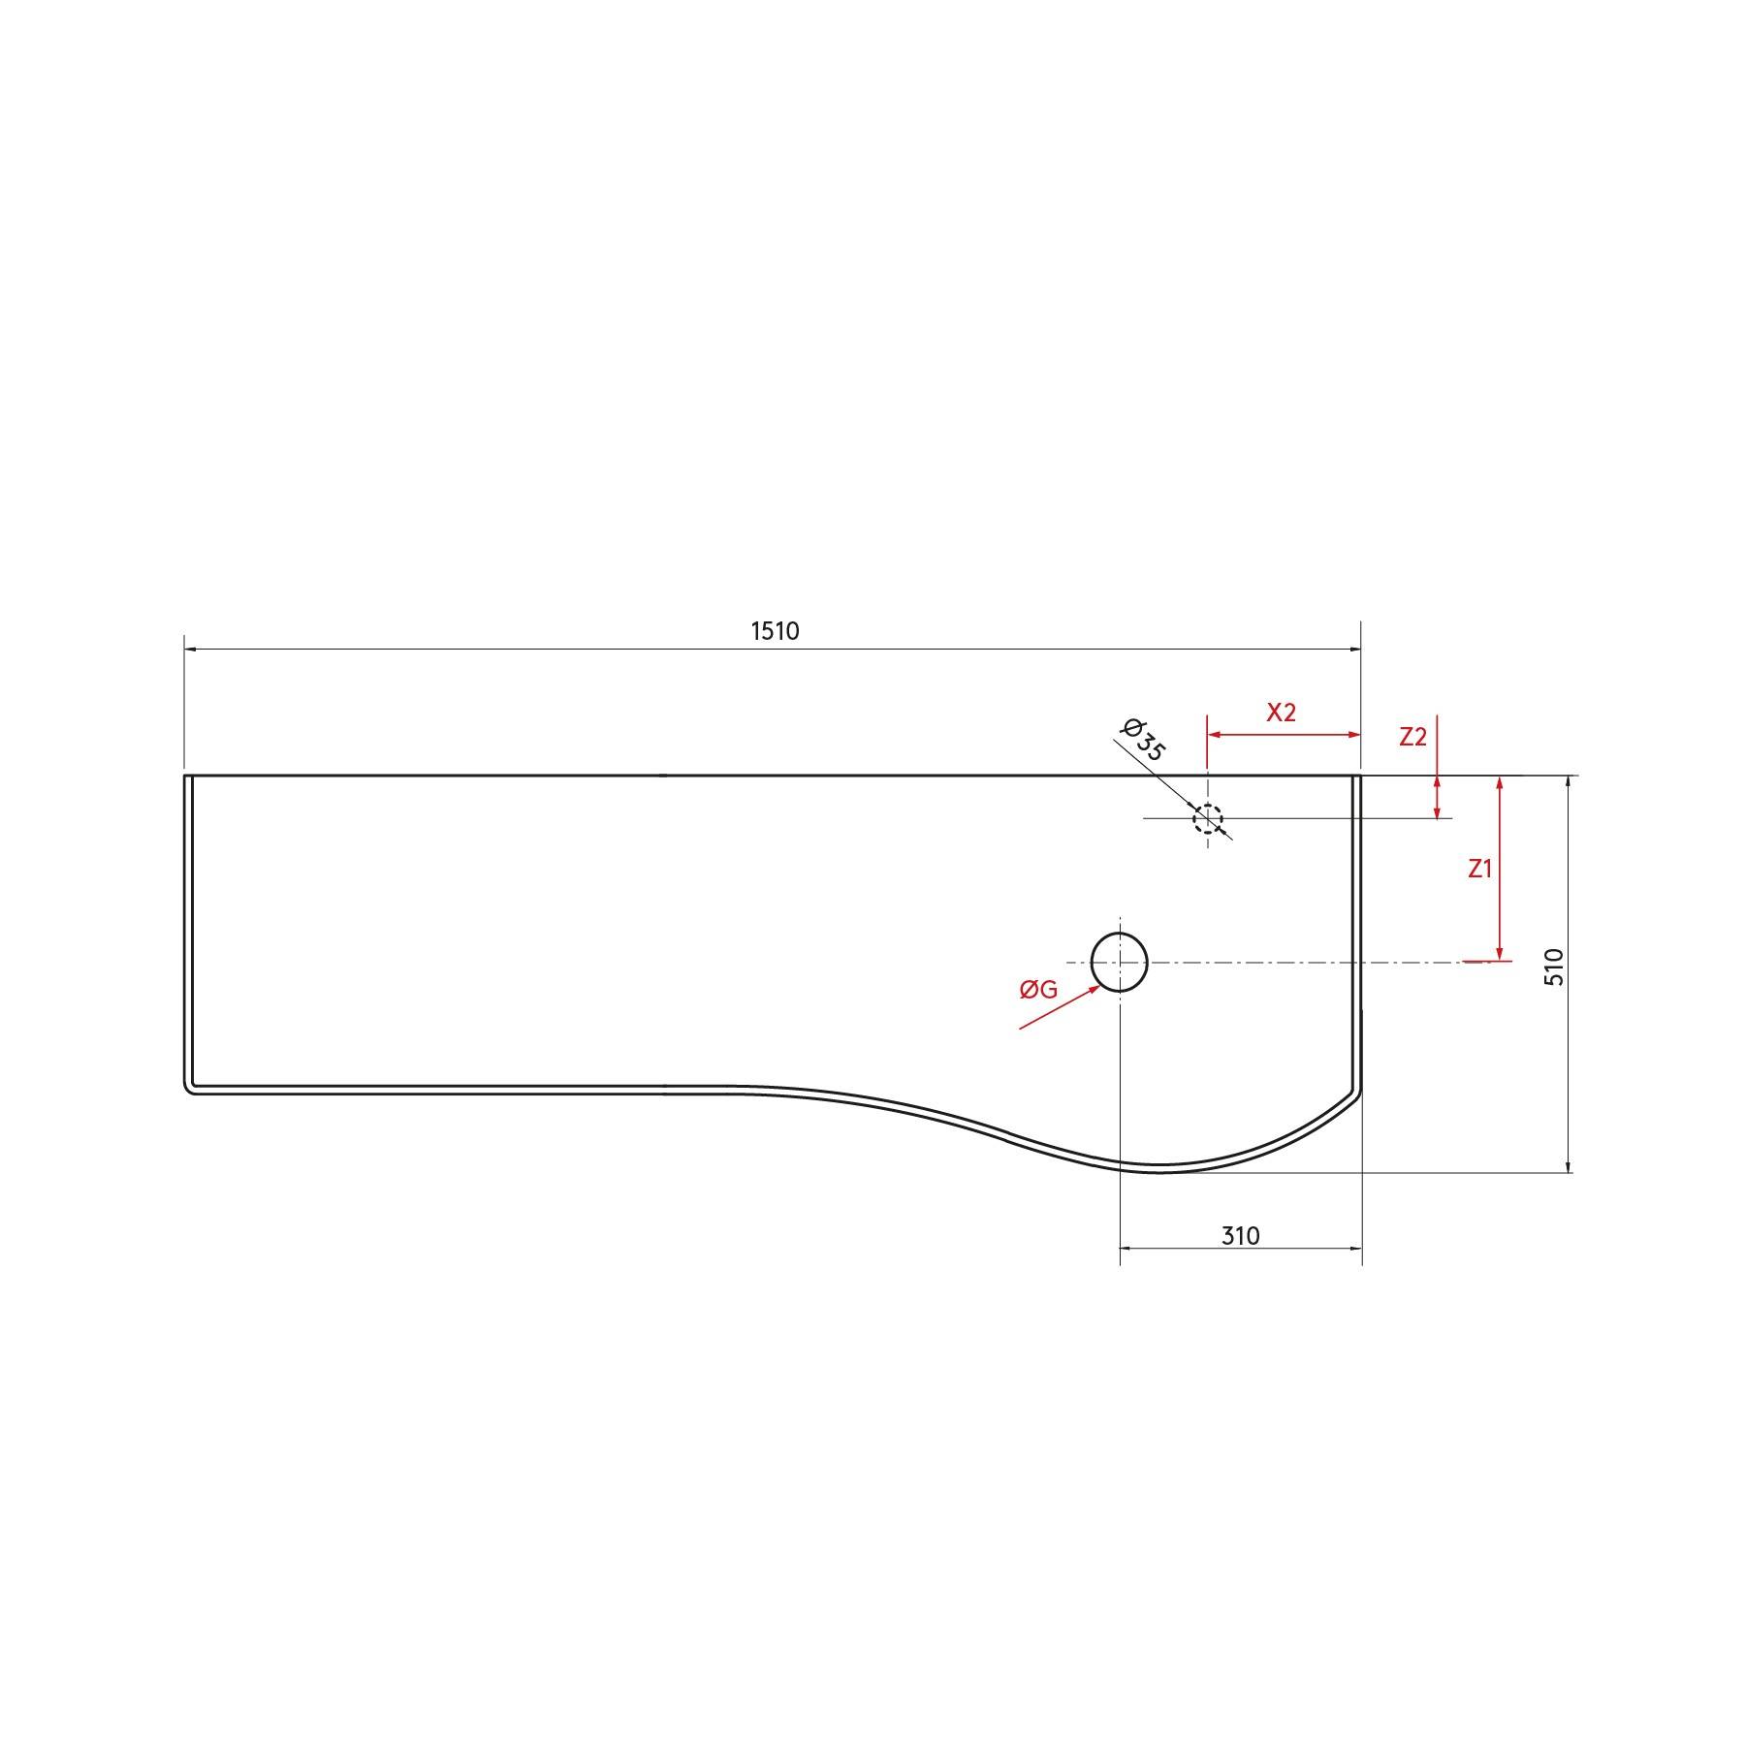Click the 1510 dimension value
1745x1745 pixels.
point(775,631)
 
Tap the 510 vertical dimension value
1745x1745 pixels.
point(1554,968)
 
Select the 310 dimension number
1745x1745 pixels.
point(1240,1236)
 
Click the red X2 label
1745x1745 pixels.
point(1281,713)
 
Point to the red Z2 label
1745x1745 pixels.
point(1412,737)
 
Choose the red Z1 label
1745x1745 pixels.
point(1479,869)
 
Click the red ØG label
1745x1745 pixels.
point(1037,990)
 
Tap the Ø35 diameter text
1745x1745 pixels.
point(1143,740)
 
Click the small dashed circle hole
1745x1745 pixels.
point(1207,818)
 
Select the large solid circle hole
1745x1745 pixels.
point(1120,962)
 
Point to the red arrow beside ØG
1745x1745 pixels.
point(1062,1006)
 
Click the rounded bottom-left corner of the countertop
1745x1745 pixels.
point(188,1089)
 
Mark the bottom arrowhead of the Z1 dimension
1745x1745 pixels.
point(1500,954)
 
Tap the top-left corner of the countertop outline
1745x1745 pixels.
point(185,776)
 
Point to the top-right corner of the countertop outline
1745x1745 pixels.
point(1360,776)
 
